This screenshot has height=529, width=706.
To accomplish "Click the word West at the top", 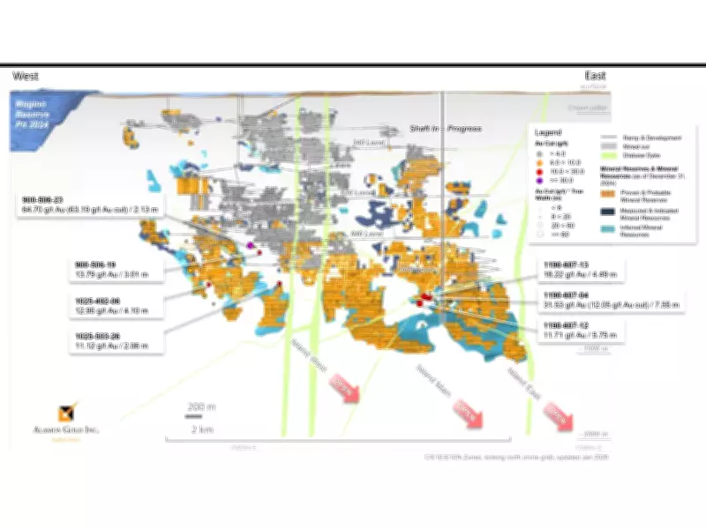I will point(27,77).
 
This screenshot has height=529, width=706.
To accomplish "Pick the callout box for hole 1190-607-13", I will point(580,269).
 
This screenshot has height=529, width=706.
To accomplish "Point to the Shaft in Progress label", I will point(445,129).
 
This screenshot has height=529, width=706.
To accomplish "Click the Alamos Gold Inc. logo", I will point(68,414).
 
